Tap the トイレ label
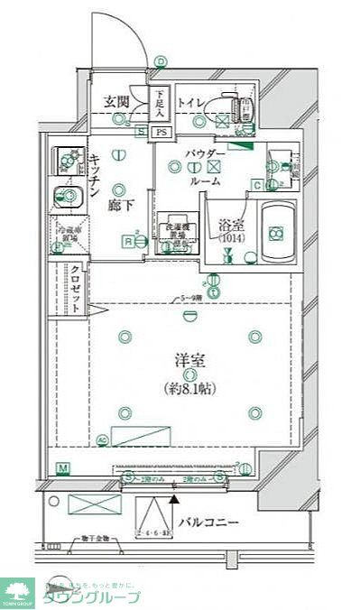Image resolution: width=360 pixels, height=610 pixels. [x=189, y=101]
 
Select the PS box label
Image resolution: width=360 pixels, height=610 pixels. [x=162, y=132]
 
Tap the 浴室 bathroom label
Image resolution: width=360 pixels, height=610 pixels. [x=232, y=223]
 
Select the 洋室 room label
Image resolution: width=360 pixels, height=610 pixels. [x=189, y=361]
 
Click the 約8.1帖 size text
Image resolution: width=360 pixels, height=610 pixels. [x=189, y=389]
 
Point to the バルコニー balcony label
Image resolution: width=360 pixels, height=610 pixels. [x=208, y=522]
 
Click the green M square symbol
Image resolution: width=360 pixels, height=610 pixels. [x=63, y=467]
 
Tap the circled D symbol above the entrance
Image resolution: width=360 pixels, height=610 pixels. [x=161, y=61]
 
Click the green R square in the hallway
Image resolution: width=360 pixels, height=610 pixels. [x=129, y=241]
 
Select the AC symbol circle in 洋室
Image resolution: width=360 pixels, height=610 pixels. [x=102, y=439]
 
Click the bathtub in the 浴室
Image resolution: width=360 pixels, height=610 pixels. [x=275, y=232]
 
